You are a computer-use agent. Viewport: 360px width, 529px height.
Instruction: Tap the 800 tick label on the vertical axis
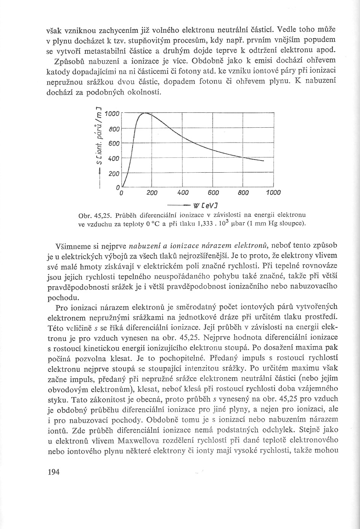click(114, 129)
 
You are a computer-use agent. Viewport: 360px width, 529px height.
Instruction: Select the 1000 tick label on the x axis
click(273, 193)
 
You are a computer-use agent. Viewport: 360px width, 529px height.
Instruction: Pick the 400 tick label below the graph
click(182, 193)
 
